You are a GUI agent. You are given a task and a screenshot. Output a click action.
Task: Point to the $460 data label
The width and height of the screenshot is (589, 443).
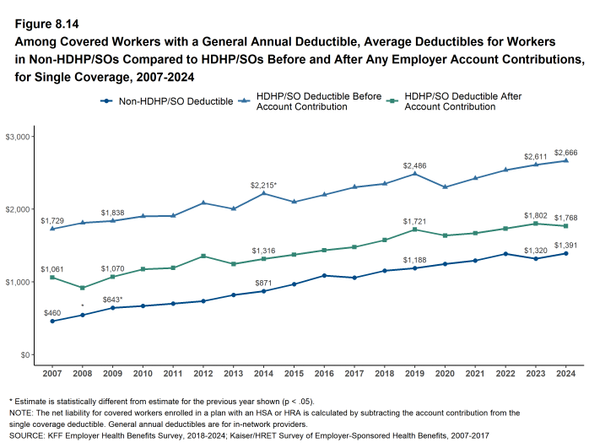(52, 312)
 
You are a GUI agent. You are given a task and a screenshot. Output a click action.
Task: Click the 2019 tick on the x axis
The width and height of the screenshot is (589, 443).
(414, 374)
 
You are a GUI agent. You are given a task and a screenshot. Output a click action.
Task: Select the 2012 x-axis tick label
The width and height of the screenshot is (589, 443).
(203, 374)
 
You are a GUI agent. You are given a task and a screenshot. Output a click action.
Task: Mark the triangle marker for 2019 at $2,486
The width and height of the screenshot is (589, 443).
(414, 174)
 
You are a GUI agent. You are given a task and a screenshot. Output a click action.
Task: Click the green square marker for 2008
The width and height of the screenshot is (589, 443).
(82, 288)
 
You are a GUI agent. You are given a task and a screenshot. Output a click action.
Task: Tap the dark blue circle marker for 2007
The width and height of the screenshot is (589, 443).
(52, 321)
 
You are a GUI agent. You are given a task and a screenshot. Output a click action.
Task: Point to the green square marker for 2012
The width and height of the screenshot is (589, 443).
(203, 256)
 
